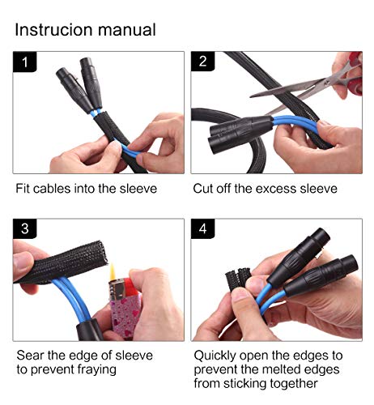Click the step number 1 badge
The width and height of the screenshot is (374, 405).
pos(24,62)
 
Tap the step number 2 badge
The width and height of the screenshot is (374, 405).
pos(202,62)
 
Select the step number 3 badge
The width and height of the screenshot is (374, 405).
pos(24,228)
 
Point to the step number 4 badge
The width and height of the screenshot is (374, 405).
pos(202,228)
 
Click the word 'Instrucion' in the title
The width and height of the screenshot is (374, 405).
pos(54,29)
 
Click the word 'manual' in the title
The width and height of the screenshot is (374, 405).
pos(127,29)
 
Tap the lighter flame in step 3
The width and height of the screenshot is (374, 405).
pos(113,272)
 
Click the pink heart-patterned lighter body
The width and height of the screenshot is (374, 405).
pos(125,314)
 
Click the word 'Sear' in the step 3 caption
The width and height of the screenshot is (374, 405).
pos(31,356)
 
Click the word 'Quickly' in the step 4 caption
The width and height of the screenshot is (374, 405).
pos(215,356)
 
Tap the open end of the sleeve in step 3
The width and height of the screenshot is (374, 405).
pos(102,254)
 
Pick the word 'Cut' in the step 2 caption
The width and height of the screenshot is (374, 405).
pos(203,189)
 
